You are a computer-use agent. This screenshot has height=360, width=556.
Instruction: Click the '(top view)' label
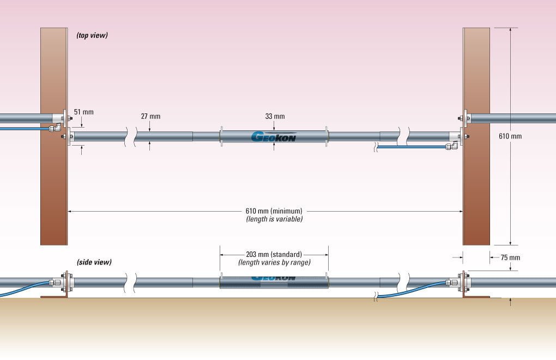point(92,35)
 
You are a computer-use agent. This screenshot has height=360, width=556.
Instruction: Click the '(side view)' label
point(94,262)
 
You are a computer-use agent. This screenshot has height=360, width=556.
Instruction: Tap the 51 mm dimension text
point(84,112)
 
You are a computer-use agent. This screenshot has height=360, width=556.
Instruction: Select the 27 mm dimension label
point(150,116)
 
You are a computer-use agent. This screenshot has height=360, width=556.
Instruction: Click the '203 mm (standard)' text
point(274,254)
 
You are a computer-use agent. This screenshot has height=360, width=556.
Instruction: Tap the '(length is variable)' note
point(274,219)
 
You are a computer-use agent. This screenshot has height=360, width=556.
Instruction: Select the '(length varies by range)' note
point(274,262)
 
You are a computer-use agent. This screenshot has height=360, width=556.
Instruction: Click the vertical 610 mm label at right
point(510,136)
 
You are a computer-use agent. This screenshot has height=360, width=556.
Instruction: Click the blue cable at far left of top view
point(22,129)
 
